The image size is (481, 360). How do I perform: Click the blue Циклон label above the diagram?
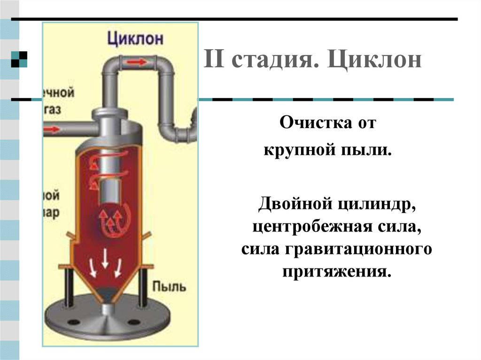135,38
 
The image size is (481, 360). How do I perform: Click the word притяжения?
336,271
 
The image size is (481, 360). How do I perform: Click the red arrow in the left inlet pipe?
54,128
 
